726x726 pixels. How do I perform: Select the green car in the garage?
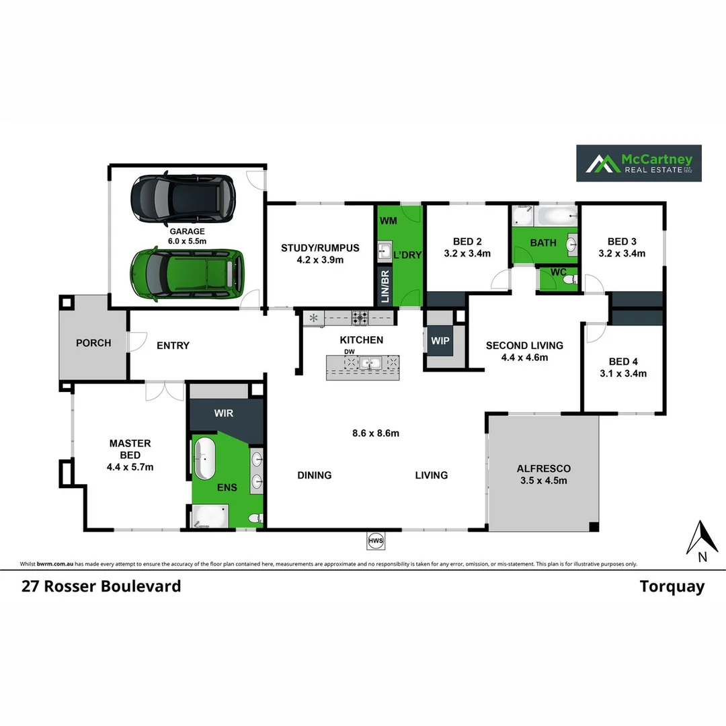click(188, 274)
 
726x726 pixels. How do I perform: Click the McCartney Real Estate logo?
click(639, 163)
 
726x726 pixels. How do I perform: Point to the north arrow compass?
click(700, 540)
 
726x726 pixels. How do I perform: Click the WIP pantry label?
click(440, 341)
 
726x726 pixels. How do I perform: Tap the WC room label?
click(558, 272)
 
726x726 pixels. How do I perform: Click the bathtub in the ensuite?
click(205, 459)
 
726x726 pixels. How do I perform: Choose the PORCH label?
click(93, 343)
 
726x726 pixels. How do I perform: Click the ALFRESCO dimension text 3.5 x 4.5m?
click(544, 481)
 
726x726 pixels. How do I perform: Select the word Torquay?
click(672, 586)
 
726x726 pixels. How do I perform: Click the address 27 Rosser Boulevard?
click(101, 586)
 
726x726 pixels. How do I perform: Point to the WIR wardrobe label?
click(224, 413)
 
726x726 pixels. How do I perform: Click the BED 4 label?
click(622, 361)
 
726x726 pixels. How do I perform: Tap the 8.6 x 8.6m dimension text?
click(376, 434)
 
